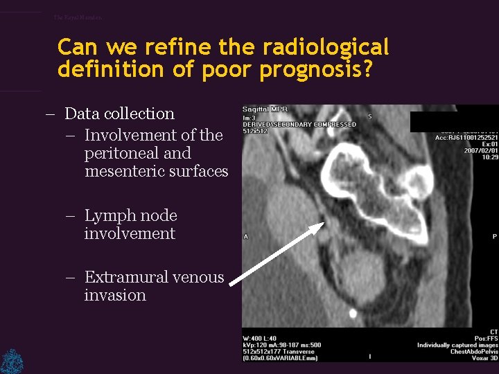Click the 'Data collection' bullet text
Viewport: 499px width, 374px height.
click(119, 114)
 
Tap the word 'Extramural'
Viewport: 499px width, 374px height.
click(130, 278)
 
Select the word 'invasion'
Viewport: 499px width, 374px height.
click(115, 295)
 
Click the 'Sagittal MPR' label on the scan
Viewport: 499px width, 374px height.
click(265, 109)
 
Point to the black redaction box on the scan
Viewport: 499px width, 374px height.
click(454, 118)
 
